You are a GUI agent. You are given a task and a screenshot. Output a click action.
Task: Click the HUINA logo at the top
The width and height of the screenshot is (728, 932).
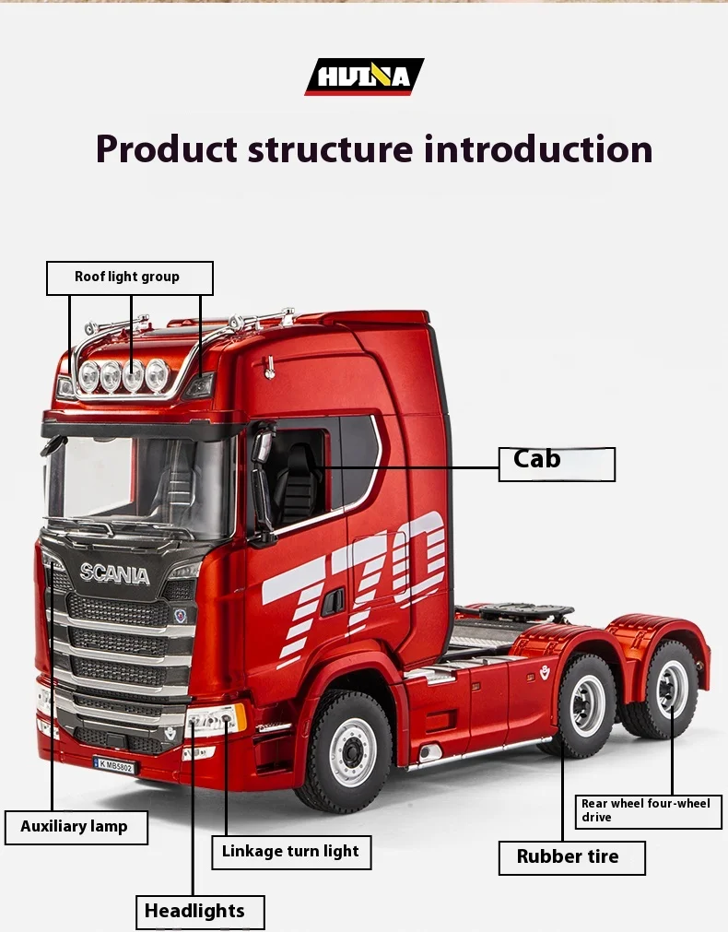[x=364, y=77]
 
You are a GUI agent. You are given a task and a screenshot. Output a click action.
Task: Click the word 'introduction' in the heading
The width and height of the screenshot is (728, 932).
[x=538, y=148]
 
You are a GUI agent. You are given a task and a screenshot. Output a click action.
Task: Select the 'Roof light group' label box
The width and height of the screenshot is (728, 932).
[x=129, y=277]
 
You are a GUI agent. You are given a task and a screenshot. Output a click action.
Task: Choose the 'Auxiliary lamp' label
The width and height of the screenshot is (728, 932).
[x=75, y=826]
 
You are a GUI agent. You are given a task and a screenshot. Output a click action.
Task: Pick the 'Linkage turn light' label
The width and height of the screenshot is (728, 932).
[x=290, y=852]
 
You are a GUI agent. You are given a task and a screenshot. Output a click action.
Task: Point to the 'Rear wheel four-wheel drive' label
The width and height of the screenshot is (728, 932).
[x=649, y=810]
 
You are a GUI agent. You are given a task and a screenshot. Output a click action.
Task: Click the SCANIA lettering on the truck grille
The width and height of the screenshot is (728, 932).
[x=114, y=573]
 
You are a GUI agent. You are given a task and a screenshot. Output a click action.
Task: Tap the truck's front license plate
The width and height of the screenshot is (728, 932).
[x=113, y=764]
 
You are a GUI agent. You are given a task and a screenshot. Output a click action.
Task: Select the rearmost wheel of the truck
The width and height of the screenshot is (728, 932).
[x=670, y=690]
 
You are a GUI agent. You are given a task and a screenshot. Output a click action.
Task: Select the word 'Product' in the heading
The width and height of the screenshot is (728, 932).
[x=167, y=148]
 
